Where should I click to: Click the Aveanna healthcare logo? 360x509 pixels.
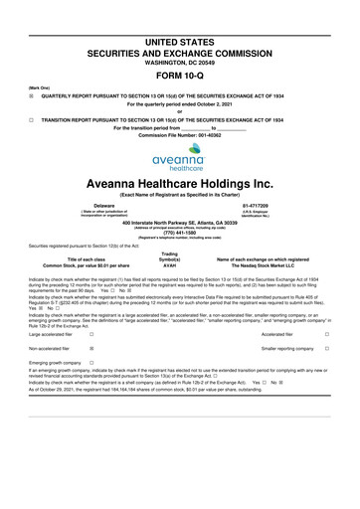click(x=179, y=166)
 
